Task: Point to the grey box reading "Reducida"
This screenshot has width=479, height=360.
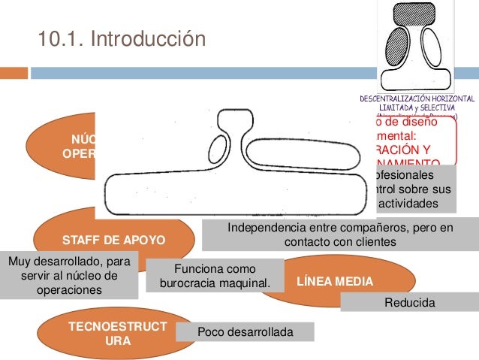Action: pos(409,302)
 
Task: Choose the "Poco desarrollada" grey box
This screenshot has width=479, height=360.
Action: pos(244,332)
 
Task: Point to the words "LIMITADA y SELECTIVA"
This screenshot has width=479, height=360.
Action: pos(417,107)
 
